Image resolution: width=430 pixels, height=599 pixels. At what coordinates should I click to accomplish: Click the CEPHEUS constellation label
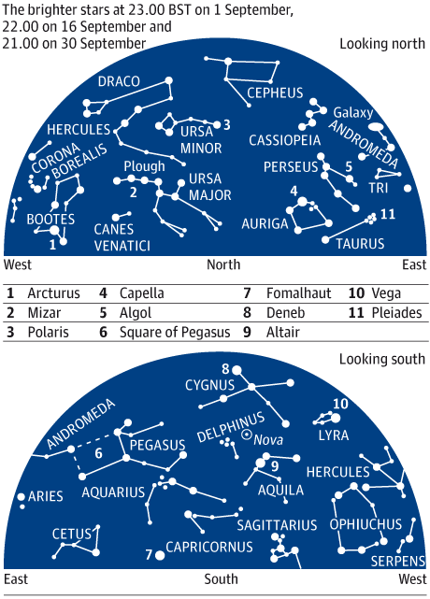pyautogui.click(x=275, y=93)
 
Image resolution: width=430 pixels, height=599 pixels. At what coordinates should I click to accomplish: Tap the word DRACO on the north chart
pyautogui.click(x=119, y=81)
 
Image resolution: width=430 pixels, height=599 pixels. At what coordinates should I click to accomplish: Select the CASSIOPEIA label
pyautogui.click(x=285, y=140)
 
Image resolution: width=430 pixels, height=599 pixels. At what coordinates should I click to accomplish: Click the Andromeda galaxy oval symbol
pyautogui.click(x=376, y=126)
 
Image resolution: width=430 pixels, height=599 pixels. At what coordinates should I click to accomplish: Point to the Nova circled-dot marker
pyautogui.click(x=247, y=435)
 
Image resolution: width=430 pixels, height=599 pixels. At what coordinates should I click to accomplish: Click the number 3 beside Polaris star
pyautogui.click(x=226, y=124)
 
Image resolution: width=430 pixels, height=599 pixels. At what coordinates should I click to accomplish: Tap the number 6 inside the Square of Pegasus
pyautogui.click(x=98, y=453)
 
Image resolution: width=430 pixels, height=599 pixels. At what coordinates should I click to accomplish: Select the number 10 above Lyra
pyautogui.click(x=340, y=404)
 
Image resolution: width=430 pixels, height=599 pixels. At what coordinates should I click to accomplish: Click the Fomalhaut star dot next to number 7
pyautogui.click(x=160, y=555)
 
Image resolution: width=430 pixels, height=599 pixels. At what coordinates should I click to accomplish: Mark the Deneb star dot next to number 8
pyautogui.click(x=236, y=370)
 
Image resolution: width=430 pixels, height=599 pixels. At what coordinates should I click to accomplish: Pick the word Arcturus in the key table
pyautogui.click(x=54, y=293)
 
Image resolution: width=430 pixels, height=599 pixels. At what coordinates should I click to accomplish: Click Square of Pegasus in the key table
pyautogui.click(x=175, y=332)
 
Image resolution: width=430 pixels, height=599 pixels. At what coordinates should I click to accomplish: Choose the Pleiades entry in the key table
pyautogui.click(x=396, y=312)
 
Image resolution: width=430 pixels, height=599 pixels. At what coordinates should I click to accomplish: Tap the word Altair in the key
pyautogui.click(x=283, y=332)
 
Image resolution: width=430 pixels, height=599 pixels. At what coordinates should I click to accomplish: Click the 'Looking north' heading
pyautogui.click(x=382, y=44)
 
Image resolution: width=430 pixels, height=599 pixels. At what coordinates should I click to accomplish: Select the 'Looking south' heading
pyautogui.click(x=382, y=359)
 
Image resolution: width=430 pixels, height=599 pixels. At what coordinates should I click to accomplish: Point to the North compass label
pyautogui.click(x=223, y=264)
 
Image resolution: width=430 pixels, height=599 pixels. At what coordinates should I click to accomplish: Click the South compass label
pyautogui.click(x=221, y=579)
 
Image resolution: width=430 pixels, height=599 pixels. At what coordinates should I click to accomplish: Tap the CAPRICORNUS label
pyautogui.click(x=209, y=547)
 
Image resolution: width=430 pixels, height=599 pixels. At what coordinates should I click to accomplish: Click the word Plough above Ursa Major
pyautogui.click(x=144, y=166)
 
